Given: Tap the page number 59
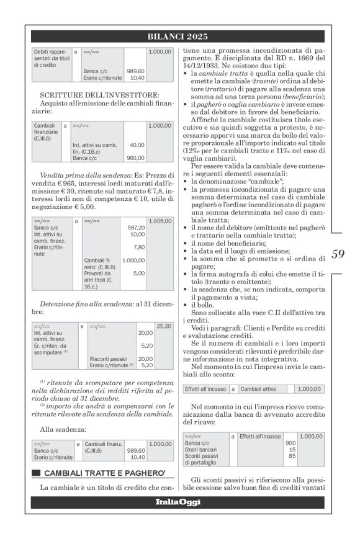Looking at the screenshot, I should point(337,254).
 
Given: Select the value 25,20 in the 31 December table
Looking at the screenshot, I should point(163,326).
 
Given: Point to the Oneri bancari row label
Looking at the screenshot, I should point(199,450).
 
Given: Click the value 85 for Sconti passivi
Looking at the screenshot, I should point(291,456).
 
